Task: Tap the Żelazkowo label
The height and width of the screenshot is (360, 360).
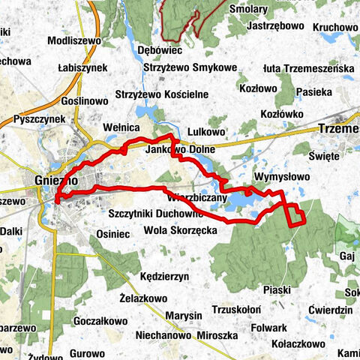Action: coord(142,298)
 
